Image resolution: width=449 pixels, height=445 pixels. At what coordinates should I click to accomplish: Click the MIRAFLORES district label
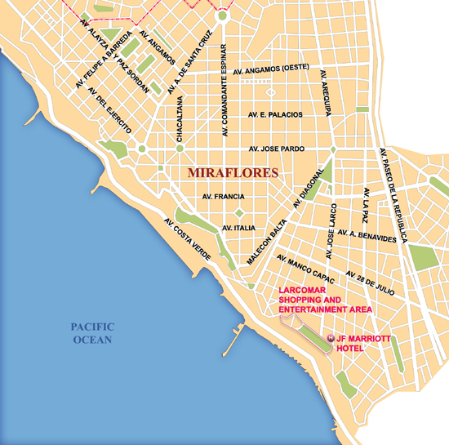coord(233,173)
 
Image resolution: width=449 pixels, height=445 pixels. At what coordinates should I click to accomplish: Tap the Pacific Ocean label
coord(91,333)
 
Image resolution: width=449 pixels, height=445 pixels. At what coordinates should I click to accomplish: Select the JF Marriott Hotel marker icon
coord(330,338)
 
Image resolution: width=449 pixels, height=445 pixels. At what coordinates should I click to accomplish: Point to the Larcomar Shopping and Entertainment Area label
coord(325,300)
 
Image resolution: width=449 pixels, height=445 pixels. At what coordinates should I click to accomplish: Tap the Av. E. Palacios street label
coord(275,114)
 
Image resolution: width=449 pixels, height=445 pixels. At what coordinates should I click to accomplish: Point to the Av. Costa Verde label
coord(187,239)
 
